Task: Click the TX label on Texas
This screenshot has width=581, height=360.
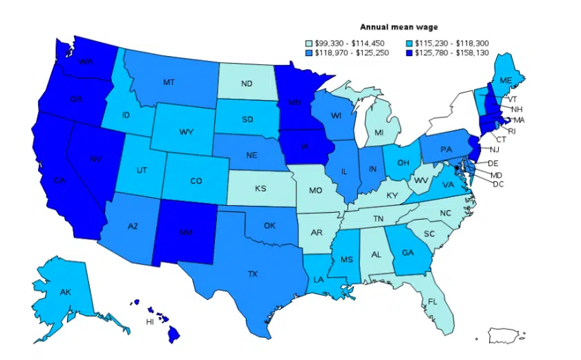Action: [254, 274]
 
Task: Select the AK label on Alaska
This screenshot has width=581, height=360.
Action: [65, 292]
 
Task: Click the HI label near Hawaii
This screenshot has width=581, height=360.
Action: [149, 322]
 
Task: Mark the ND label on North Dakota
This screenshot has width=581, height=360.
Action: [247, 84]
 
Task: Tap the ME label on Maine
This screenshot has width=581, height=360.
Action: [506, 81]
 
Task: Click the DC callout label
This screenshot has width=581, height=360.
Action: [498, 184]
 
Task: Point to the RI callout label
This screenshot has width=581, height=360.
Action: [512, 131]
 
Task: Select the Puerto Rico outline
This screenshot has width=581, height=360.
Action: [508, 336]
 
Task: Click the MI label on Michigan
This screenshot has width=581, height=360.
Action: [379, 132]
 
